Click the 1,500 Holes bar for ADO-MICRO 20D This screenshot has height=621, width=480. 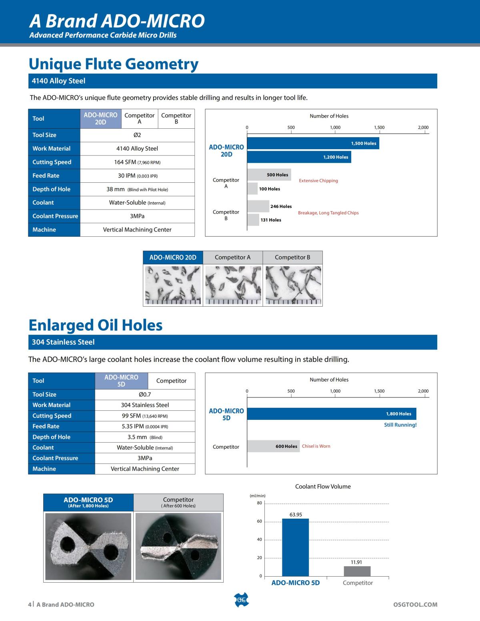pos(313,143)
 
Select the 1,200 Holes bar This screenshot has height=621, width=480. pos(299,157)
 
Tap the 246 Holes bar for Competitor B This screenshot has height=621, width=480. pos(258,206)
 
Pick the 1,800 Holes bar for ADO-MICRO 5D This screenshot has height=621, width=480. pos(332,414)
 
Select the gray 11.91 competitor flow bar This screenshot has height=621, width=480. pos(357,571)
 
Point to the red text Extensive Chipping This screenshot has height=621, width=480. pos(318,181)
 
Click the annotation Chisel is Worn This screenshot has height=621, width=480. pos(316,446)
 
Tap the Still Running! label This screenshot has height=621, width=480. pos(400,425)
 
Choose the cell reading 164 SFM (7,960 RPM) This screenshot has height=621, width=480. pos(137,162)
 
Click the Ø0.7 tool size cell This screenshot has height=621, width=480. pos(145,394)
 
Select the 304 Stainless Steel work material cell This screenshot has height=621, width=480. pos(145,405)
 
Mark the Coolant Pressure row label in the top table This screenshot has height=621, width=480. pos(55,216)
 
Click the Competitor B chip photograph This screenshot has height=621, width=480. pos(293,285)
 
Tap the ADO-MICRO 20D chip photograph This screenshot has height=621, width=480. pos(173,285)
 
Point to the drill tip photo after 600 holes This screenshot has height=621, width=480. pos(178,546)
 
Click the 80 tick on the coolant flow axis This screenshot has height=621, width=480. pos(260,503)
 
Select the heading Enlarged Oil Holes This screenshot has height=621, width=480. pos(96,325)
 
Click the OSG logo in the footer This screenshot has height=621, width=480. pos(241,600)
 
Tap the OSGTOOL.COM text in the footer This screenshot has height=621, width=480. pos(415,605)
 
